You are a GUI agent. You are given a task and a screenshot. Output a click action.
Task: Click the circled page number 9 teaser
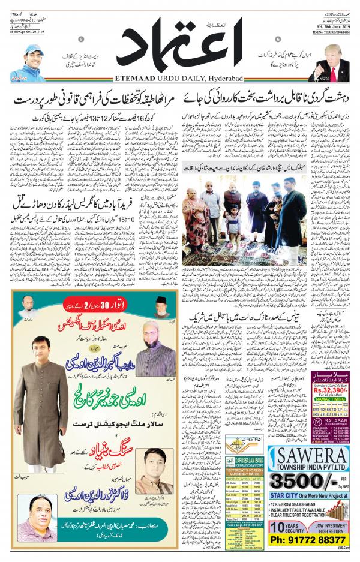82,40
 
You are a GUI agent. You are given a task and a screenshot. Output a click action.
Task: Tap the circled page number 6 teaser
278,40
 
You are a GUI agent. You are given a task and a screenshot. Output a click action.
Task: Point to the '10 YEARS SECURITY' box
281,528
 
